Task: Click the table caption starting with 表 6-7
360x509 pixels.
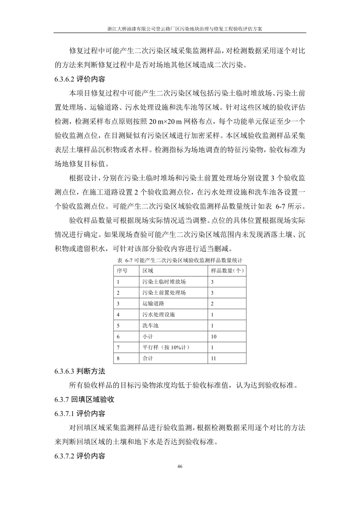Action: click(180, 261)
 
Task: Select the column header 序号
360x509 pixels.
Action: click(122, 271)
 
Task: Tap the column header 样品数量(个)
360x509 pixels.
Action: click(228, 271)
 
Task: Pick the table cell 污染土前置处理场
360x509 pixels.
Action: click(164, 292)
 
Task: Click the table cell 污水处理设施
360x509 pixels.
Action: click(158, 314)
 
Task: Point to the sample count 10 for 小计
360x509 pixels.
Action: click(214, 336)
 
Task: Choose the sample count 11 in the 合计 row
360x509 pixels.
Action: click(214, 359)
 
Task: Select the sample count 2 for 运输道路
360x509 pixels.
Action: click(212, 303)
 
